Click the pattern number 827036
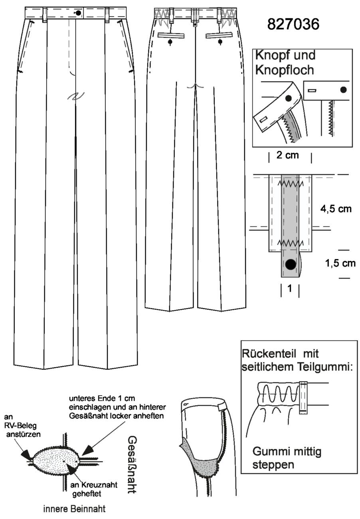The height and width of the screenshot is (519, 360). [x=293, y=24]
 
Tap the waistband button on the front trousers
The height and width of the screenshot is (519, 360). [x=78, y=13]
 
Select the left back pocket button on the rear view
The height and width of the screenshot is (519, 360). [x=170, y=42]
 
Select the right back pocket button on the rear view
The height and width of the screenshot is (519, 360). [x=220, y=42]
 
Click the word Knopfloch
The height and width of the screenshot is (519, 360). [x=285, y=70]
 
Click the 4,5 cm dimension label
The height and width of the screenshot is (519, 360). [x=336, y=209]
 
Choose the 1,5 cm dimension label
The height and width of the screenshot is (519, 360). [x=340, y=263]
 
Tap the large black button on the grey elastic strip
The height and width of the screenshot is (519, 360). [x=291, y=264]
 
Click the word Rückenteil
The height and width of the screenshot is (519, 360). [x=269, y=354]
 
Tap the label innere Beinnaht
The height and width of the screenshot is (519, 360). [x=74, y=509]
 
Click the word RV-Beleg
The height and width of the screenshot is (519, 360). [x=20, y=426]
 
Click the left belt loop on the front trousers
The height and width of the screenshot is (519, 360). [x=45, y=15]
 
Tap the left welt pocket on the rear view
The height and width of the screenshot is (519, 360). [x=171, y=36]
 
